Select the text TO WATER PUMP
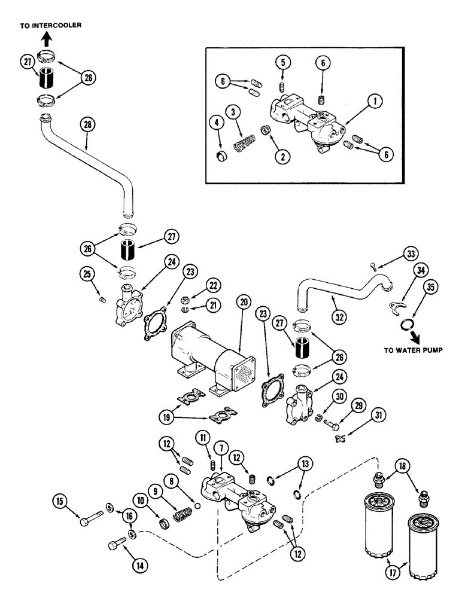click(x=413, y=350)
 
